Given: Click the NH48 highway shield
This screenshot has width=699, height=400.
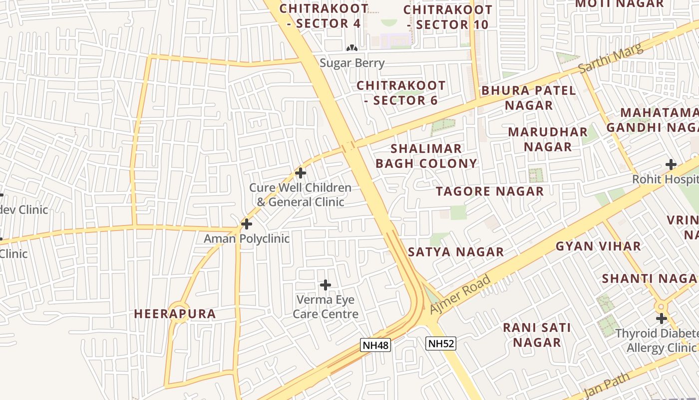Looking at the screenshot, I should pos(375,345).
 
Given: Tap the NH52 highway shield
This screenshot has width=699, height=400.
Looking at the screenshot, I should pos(441,343).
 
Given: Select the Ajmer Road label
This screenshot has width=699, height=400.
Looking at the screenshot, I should pos(460,294).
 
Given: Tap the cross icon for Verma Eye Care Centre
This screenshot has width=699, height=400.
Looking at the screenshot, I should pos(326,285).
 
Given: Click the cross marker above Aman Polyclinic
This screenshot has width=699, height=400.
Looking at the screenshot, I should pos(247,224).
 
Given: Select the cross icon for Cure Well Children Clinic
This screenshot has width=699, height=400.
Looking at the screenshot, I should pos(301,173).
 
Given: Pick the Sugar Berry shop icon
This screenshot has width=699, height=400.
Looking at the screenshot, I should pos(352,48).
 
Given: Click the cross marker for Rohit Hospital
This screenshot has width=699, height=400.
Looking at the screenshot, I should pos(671,164).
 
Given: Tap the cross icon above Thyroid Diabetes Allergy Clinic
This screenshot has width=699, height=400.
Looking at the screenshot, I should pos(662,318).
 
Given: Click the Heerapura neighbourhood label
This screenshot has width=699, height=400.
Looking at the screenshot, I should pos(175,314).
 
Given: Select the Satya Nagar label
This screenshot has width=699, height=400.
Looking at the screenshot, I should pos(456,252).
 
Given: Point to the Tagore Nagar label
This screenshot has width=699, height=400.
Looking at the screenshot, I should pos(490,191).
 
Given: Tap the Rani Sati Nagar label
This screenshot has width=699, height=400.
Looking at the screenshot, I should pos(537,335).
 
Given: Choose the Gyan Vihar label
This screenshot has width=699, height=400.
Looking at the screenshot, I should pos(598,246).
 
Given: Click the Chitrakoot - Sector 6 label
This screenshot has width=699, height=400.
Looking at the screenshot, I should pos(401,93).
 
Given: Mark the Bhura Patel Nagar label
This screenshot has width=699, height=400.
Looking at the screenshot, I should pos(529,98).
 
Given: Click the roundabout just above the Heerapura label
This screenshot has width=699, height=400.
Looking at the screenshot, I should pos(178,311).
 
